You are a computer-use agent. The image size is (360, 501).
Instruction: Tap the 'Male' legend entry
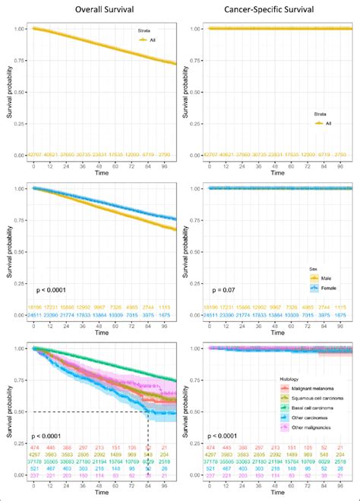click(x=324, y=279)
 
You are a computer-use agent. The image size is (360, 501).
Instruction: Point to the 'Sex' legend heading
click(x=308, y=269)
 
